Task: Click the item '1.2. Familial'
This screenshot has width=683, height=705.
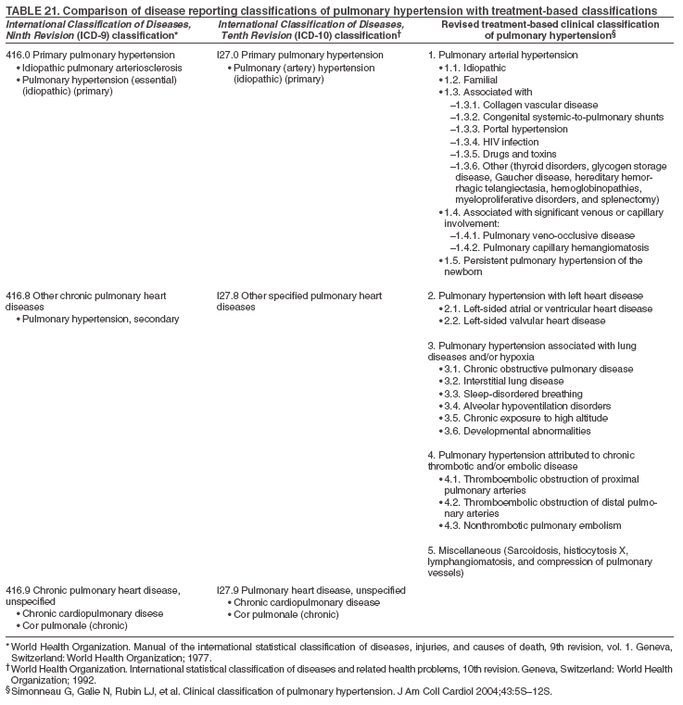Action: pos(474,81)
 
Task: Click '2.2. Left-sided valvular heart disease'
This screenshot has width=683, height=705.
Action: pos(527,321)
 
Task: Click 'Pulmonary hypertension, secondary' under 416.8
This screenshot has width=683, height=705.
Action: pos(102,320)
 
